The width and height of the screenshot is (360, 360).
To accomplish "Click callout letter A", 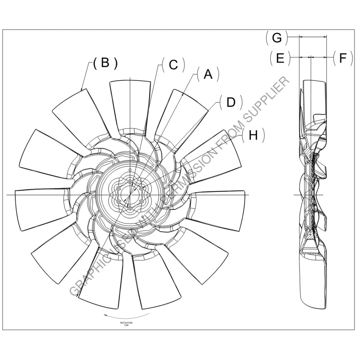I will pyautogui.click(x=208, y=75).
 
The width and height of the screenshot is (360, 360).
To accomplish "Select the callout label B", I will pyautogui.click(x=105, y=63).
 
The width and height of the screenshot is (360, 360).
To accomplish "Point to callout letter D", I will pyautogui.click(x=231, y=102).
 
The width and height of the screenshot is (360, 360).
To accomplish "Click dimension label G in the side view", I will pyautogui.click(x=277, y=38).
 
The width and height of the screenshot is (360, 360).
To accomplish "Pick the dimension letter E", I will pyautogui.click(x=280, y=58).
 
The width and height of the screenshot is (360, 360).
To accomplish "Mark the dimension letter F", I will pyautogui.click(x=343, y=58).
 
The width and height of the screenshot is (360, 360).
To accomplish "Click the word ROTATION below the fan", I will pyautogui.click(x=127, y=323).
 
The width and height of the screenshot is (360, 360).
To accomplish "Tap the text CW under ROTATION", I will pyautogui.click(x=127, y=326).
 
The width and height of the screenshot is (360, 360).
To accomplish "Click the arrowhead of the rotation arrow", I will pyautogui.click(x=104, y=315).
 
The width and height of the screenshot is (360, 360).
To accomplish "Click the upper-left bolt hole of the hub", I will pyautogui.click(x=120, y=188).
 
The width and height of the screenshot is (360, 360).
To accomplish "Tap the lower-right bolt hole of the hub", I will pyautogui.click(x=141, y=201).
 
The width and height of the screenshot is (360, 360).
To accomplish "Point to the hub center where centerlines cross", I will pyautogui.click(x=130, y=194).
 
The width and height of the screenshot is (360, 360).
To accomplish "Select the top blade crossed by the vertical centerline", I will pyautogui.click(x=130, y=105).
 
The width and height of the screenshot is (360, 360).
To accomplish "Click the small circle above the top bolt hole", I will pyautogui.click(x=130, y=170).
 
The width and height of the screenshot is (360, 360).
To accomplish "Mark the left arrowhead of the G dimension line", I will pyautogui.click(x=300, y=36).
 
